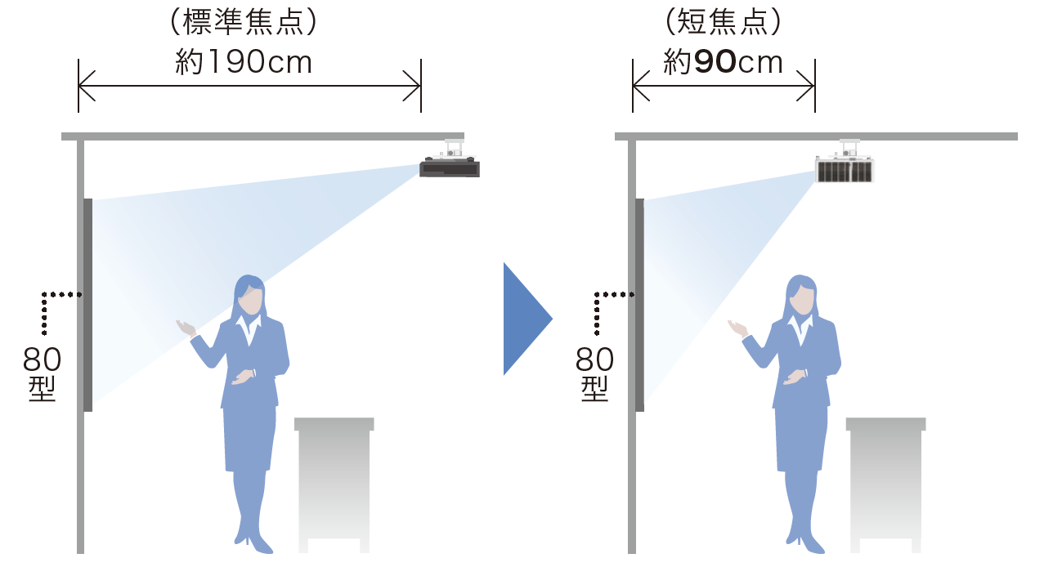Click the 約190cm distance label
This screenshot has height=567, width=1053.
[x=244, y=62]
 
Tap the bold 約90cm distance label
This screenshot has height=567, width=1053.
[x=723, y=62]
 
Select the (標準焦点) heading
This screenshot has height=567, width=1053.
[x=243, y=22]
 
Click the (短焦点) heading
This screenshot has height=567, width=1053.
[x=723, y=22]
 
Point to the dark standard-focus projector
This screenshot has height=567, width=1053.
[x=450, y=167]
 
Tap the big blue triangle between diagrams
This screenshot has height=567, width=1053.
[x=527, y=319]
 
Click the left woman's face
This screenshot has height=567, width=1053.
[x=250, y=301]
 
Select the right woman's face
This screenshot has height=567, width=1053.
[x=803, y=301]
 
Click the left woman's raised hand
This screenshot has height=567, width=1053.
[x=186, y=328]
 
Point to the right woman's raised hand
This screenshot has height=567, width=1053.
[x=738, y=328]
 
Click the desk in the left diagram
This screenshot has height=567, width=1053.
[x=334, y=484]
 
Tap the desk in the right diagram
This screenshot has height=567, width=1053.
[x=885, y=484]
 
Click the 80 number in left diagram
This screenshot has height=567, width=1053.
[x=42, y=359]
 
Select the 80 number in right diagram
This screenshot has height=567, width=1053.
[x=594, y=359]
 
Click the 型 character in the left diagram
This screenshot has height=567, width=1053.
[x=43, y=389]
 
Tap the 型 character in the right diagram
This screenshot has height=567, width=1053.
[x=594, y=389]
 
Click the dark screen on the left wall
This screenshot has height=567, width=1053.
[x=88, y=305]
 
